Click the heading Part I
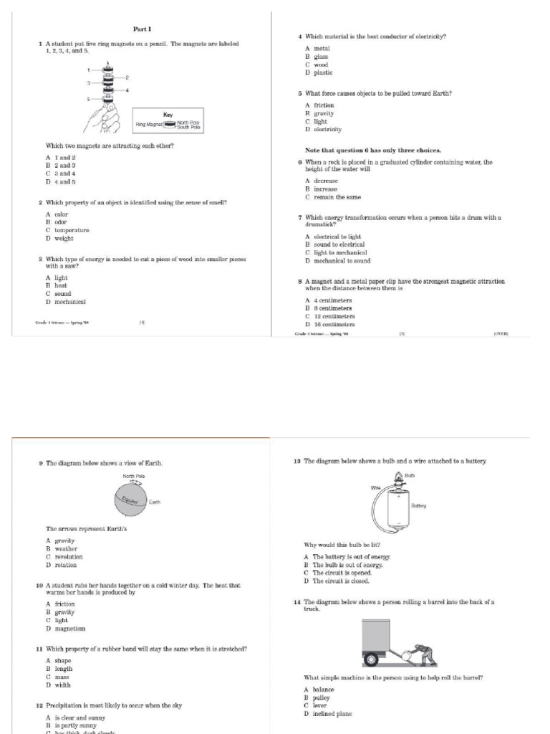click(140, 29)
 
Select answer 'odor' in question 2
click(60, 222)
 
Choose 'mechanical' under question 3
click(70, 302)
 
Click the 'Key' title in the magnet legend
click(168, 115)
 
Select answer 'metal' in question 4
click(322, 48)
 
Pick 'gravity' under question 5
click(324, 113)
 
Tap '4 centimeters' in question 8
click(332, 300)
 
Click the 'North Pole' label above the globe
click(134, 477)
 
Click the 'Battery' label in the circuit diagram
click(418, 505)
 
